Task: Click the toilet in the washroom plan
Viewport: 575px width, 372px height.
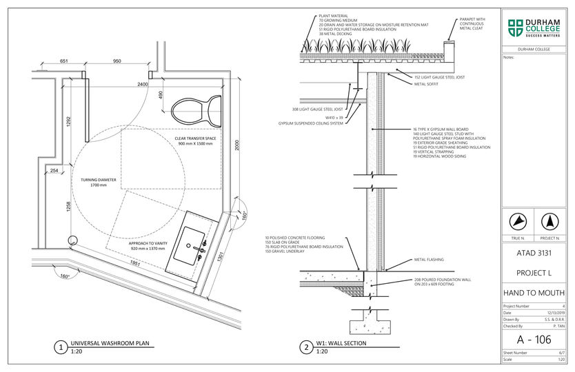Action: (196, 108)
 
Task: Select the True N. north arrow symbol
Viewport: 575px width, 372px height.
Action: (518, 222)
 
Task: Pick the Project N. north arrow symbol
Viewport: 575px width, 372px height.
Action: (549, 222)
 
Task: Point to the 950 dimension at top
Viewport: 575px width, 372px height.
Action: (117, 61)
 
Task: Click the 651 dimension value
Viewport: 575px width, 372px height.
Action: (64, 61)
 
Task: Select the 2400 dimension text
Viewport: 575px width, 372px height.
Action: (142, 84)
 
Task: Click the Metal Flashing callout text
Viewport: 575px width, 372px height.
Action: (428, 260)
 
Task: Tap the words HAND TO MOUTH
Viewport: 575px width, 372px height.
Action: (534, 293)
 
